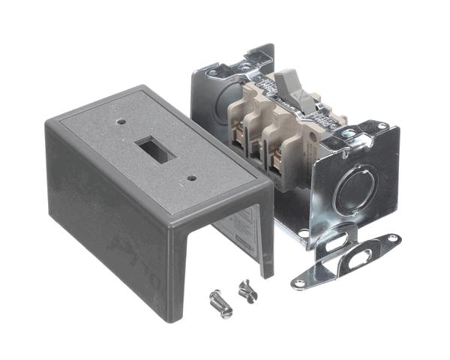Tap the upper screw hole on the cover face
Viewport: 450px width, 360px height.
[x=121, y=118]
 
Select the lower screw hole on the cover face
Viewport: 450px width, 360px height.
[x=192, y=178]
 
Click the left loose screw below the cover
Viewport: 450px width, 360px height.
[x=218, y=304]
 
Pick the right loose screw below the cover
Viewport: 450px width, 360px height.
[x=247, y=288]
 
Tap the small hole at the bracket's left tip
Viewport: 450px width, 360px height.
[x=300, y=283]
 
